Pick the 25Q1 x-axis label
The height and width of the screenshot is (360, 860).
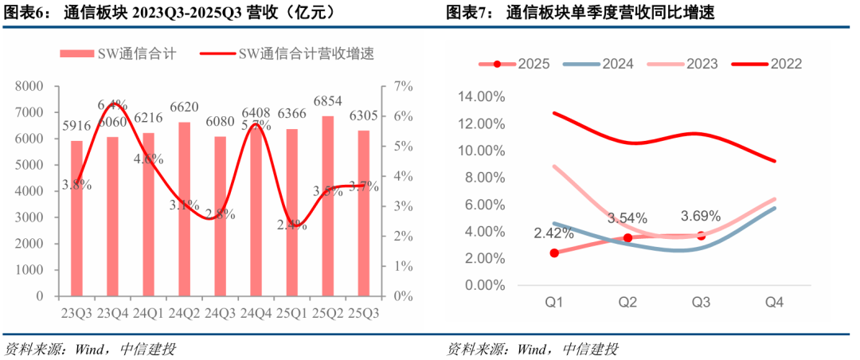click(291, 313)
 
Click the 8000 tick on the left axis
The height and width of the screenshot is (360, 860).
click(29, 86)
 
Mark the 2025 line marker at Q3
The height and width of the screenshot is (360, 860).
click(701, 236)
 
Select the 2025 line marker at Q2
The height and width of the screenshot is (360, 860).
click(627, 238)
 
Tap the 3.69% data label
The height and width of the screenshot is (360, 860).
click(700, 216)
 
